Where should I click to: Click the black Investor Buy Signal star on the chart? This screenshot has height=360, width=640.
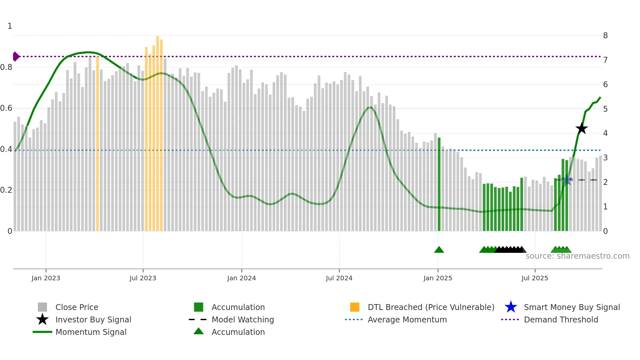582,128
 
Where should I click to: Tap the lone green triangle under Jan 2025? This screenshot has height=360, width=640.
439,250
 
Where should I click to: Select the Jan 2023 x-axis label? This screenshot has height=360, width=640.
46,278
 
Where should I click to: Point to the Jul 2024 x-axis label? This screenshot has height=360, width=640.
339,278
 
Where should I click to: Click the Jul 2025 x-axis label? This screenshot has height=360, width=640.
535,278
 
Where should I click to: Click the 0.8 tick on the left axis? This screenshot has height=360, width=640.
7,67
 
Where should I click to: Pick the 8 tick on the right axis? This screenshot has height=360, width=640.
605,35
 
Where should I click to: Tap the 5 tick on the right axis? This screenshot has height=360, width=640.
605,109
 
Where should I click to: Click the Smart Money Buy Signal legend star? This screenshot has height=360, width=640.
511,307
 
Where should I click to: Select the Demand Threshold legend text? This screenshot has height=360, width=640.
561,319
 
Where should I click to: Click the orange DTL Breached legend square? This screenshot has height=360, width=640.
355,307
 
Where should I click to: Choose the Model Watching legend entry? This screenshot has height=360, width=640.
243,319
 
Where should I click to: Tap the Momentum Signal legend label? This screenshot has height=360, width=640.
91,332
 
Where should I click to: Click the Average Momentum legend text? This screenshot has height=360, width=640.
407,319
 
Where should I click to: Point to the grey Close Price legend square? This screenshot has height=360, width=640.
42,307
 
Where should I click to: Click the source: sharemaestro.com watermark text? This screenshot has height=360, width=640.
577,256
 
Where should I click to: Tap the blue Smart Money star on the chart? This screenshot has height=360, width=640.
567,180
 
